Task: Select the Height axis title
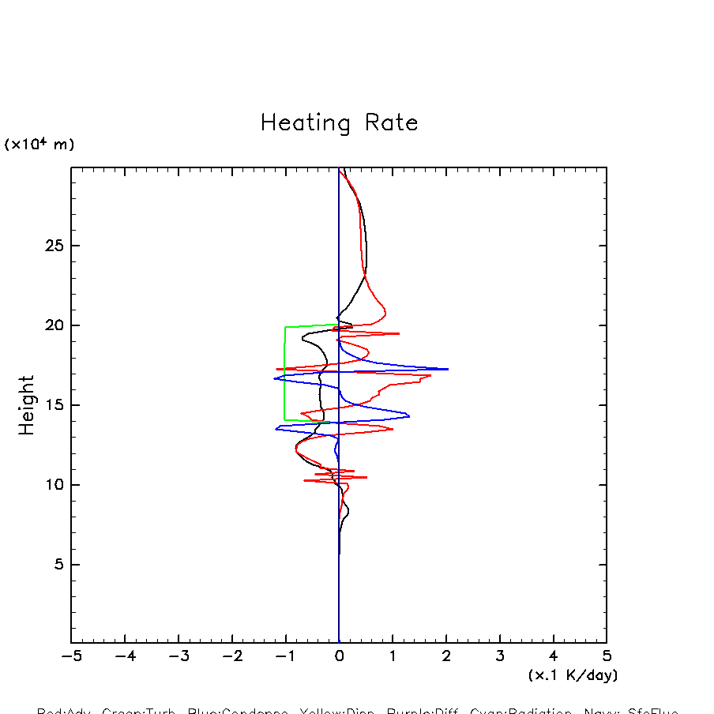(x=27, y=405)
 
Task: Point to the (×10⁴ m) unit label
(x=39, y=145)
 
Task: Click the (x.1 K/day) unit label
(x=573, y=675)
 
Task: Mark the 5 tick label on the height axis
(x=57, y=565)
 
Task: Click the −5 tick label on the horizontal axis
(x=71, y=657)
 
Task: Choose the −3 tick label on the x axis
(x=178, y=657)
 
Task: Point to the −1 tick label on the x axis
(x=285, y=657)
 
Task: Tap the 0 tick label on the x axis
(x=339, y=657)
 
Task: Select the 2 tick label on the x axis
(x=446, y=657)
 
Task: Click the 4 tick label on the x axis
(x=553, y=657)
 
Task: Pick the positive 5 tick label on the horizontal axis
(x=607, y=657)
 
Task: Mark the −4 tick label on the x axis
(x=125, y=657)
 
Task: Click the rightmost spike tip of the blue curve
(x=448, y=369)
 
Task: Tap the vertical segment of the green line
(x=285, y=374)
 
